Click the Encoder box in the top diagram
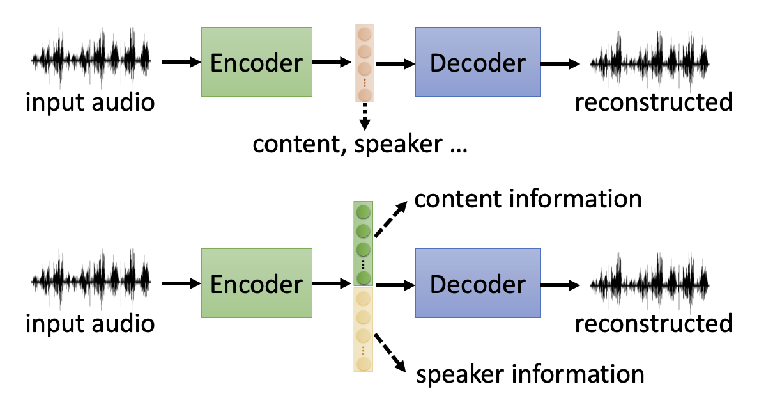[256, 62]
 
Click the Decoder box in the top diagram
[478, 62]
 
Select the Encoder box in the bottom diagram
[256, 283]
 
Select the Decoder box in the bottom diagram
[478, 283]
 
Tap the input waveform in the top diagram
[91, 61]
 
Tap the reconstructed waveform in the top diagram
[648, 62]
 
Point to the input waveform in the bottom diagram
[91, 282]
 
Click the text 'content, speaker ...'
[360, 144]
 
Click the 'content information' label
[528, 199]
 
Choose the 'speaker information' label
[530, 373]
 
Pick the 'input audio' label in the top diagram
[90, 102]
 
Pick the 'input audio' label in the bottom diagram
[90, 323]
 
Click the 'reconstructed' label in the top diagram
[653, 102]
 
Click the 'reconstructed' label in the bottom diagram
[653, 323]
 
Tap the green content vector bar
[364, 243]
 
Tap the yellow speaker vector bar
[364, 329]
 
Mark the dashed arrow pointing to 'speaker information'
[391, 353]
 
